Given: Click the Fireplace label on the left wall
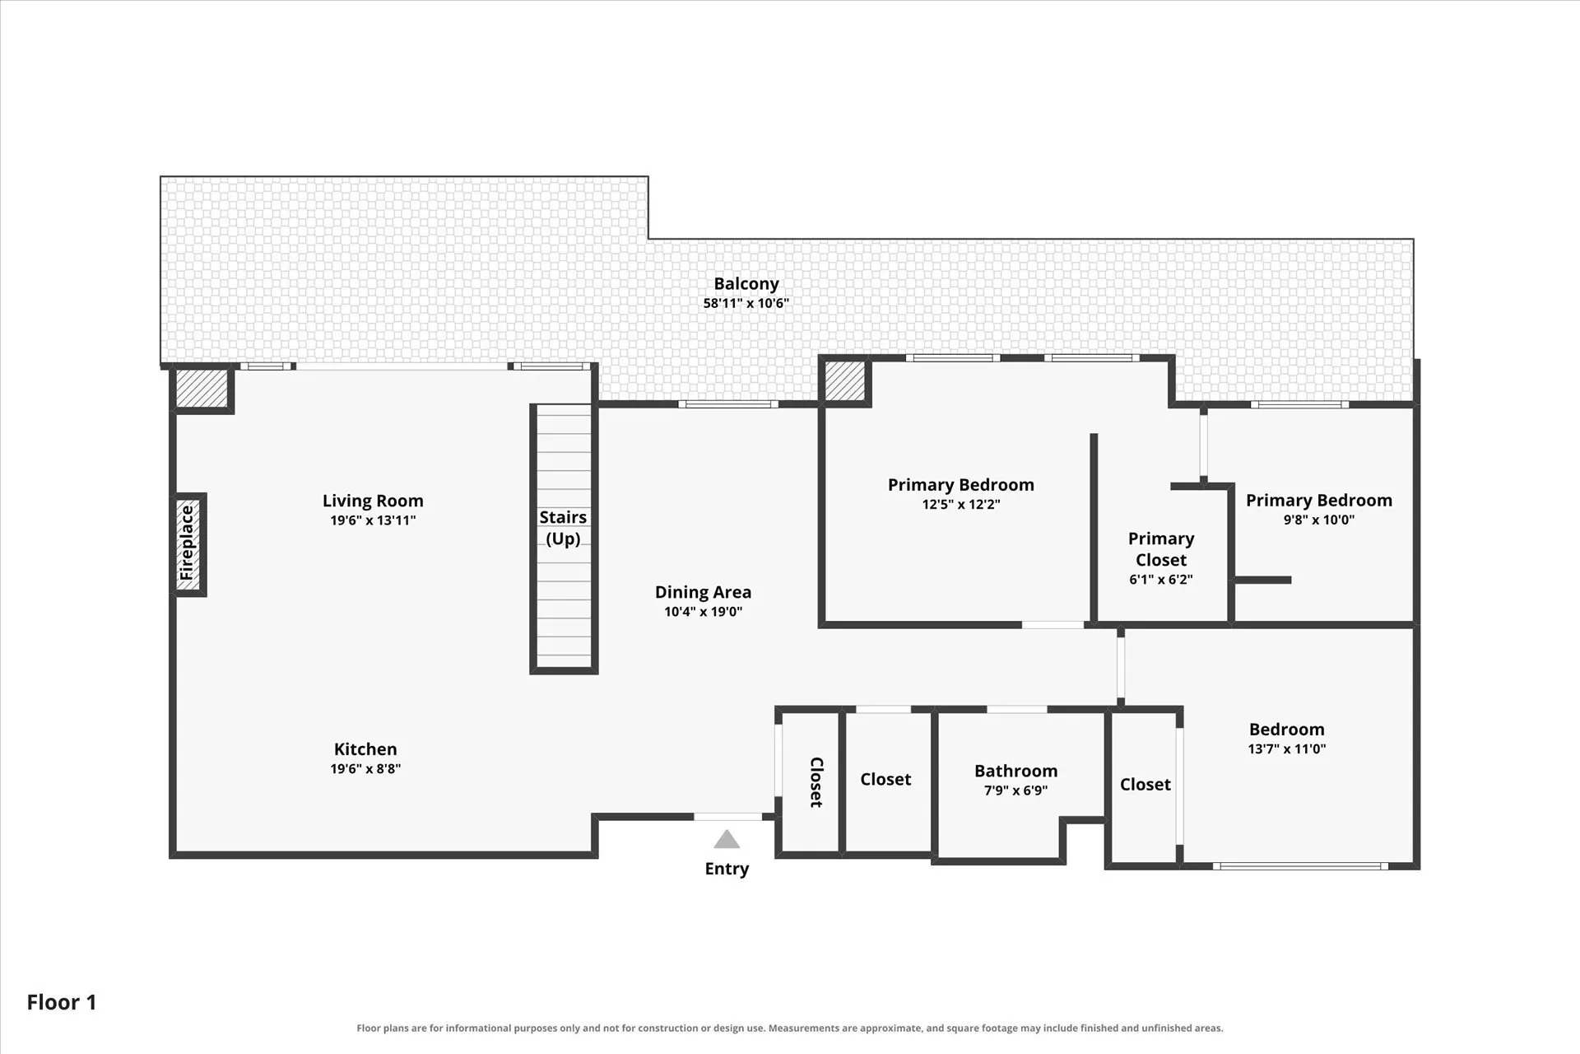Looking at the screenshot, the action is tap(187, 543).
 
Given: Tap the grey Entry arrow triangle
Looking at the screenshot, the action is tap(727, 839).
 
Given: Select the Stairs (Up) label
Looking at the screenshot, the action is tap(563, 528).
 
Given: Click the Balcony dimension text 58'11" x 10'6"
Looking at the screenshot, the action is tap(746, 303).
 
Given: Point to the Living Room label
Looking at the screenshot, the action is tap(373, 501).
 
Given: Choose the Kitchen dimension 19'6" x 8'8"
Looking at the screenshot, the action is tap(365, 769).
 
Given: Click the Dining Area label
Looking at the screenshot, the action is tap(703, 592).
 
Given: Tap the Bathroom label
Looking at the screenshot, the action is tap(1015, 771).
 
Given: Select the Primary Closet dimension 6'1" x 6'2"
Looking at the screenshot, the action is tap(1160, 580).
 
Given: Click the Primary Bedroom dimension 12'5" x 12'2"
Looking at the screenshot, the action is tap(960, 505).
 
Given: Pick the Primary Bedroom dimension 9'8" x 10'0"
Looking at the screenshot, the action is tap(1318, 520).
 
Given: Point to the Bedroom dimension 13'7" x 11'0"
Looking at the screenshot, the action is tap(1286, 749).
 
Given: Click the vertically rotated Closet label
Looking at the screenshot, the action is tap(816, 782).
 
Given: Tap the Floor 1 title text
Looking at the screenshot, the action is tap(62, 1002).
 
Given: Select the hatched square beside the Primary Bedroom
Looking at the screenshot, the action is tap(845, 380).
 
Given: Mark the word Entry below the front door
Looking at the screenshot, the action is tap(727, 869).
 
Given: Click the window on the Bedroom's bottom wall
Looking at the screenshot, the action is tap(1300, 866).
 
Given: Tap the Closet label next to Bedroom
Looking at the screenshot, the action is tap(1145, 784).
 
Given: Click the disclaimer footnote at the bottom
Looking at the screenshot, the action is tap(790, 1028).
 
